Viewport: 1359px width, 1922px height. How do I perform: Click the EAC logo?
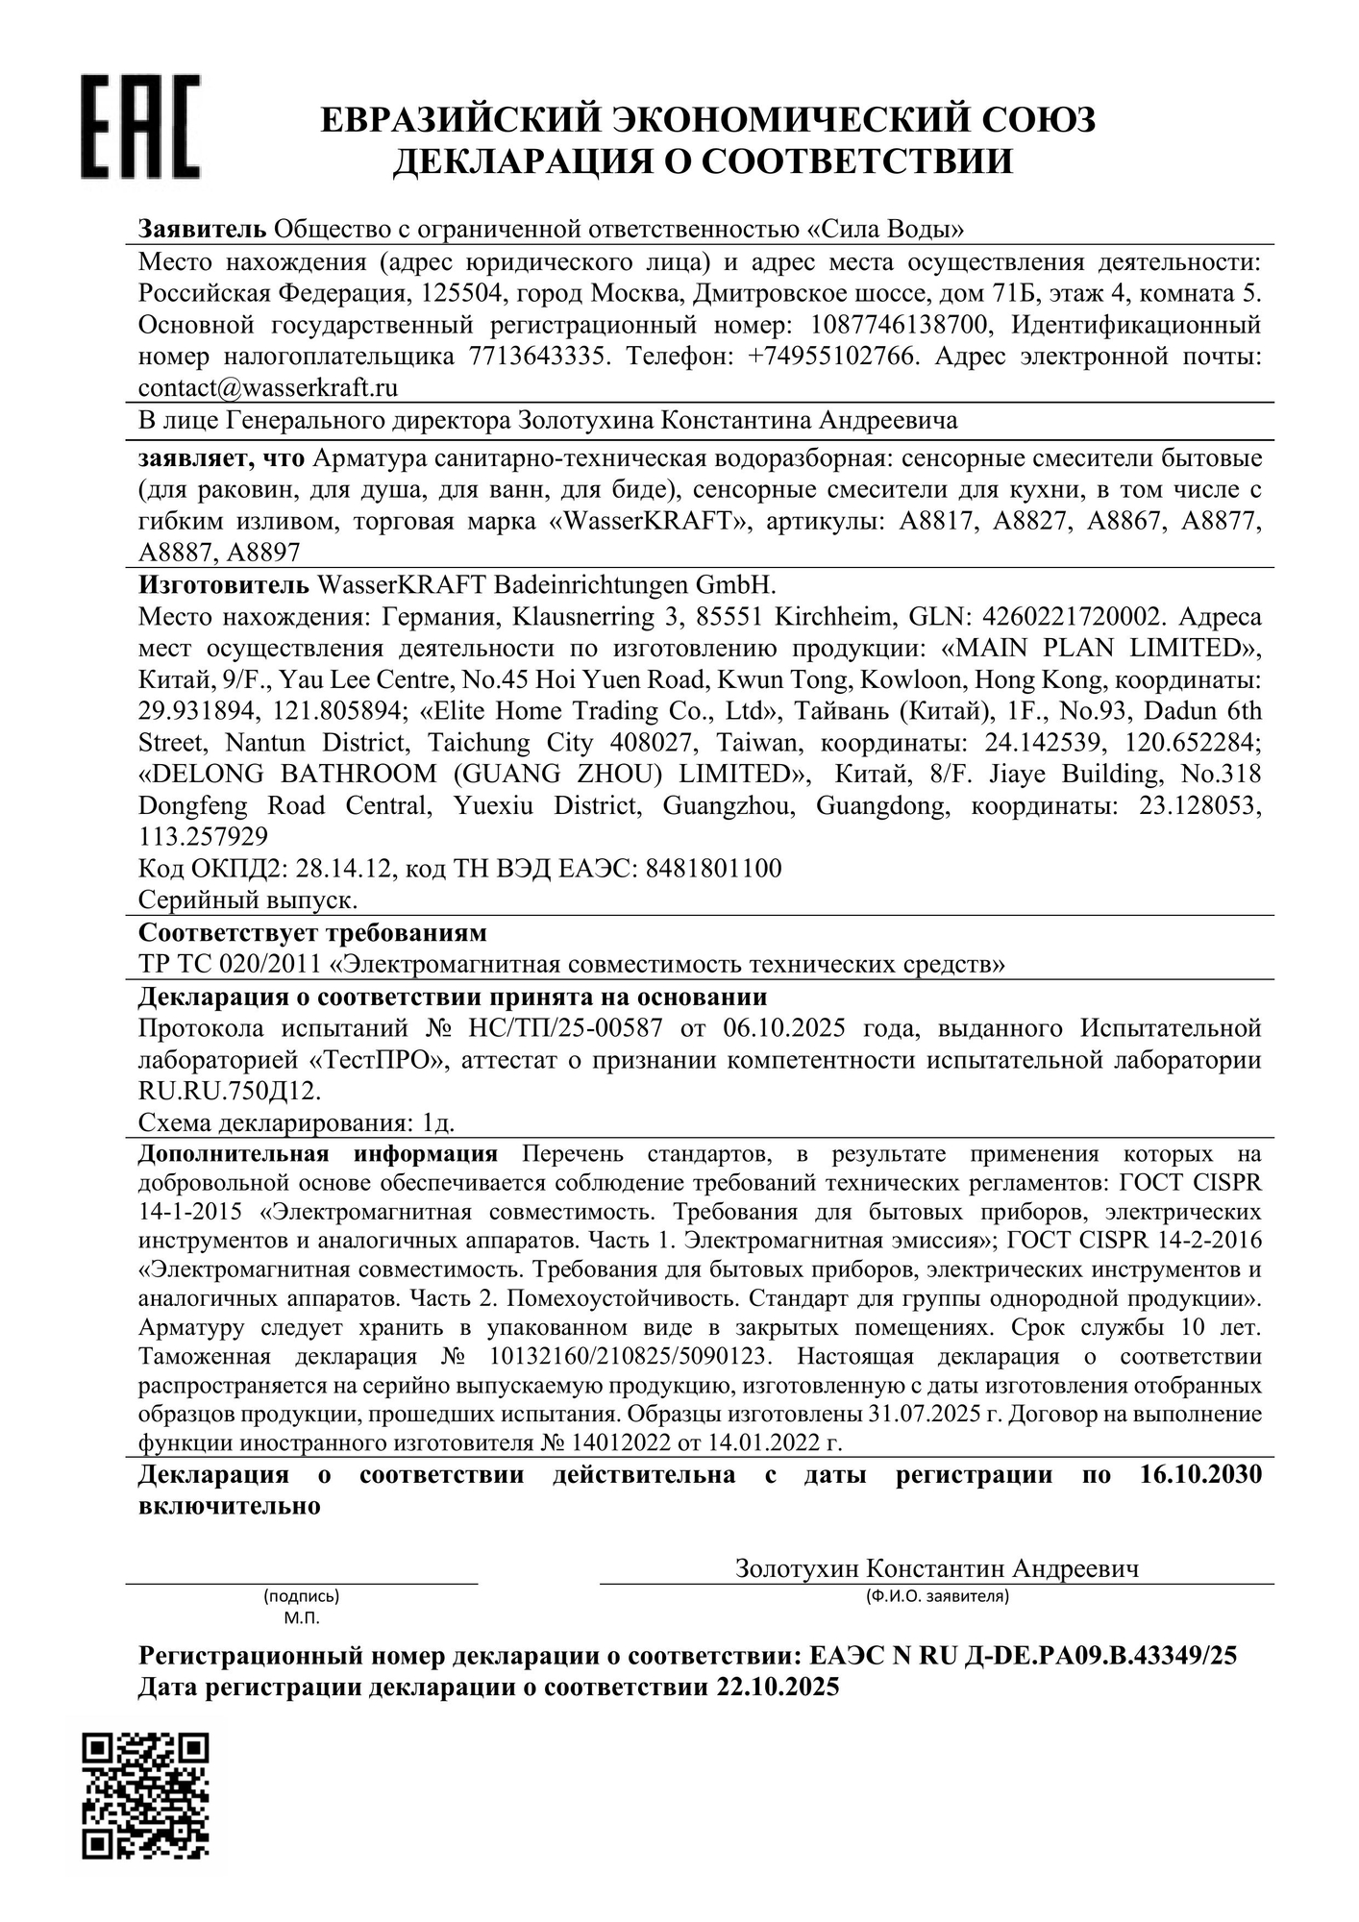(x=140, y=127)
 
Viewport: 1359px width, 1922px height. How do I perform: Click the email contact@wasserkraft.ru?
(x=268, y=388)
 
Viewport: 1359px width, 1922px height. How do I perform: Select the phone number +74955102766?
(x=833, y=357)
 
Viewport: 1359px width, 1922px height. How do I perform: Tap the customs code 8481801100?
(x=713, y=869)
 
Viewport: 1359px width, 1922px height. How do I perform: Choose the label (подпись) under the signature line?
(x=301, y=1597)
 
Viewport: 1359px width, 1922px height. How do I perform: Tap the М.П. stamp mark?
(x=302, y=1618)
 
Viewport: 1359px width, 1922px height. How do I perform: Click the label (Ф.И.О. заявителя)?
(x=936, y=1597)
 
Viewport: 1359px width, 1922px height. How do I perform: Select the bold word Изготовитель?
(x=224, y=585)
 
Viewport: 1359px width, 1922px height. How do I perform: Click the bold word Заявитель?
(x=202, y=230)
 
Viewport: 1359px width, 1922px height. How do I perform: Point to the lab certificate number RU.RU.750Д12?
(x=230, y=1092)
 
